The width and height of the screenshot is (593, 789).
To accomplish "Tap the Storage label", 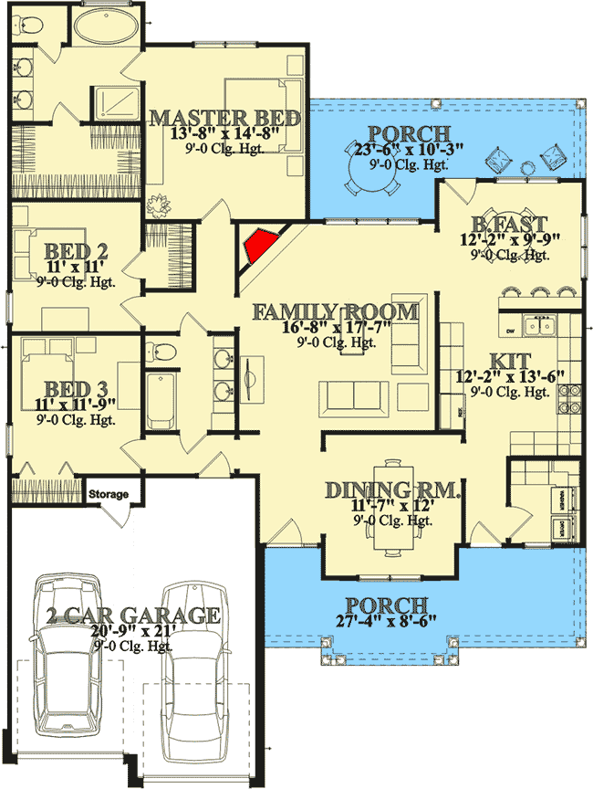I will coord(109,495).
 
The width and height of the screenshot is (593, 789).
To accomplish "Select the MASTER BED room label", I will coord(225,118).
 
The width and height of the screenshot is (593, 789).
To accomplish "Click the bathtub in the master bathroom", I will coord(103,26).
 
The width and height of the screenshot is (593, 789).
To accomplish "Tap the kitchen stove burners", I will coord(569,401).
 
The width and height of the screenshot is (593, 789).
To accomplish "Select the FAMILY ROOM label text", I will coord(336,312).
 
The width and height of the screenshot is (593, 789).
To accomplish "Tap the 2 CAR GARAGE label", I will coord(134,615).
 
